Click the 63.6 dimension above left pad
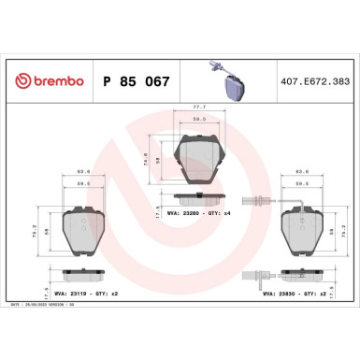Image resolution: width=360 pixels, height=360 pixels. (x=82, y=173)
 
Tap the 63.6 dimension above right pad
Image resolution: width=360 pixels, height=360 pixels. (x=301, y=173)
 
